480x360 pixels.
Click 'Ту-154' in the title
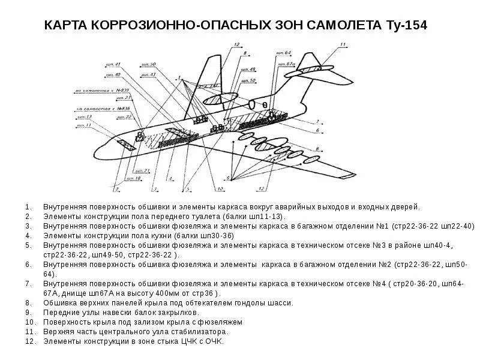[406, 26]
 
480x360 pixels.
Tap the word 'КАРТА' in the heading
[67, 26]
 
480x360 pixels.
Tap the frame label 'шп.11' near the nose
[83, 125]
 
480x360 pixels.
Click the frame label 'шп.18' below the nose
[133, 179]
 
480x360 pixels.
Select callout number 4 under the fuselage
[170, 179]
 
